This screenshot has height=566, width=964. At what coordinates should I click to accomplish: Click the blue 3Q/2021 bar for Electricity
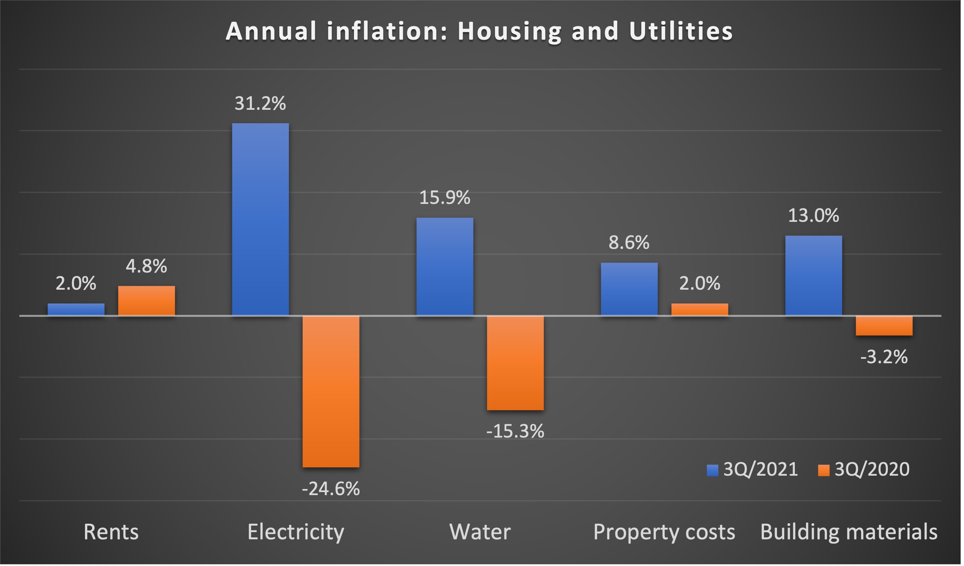click(261, 220)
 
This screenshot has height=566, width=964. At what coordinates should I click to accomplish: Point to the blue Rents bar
click(76, 310)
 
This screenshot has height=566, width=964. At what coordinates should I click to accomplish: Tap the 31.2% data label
click(261, 104)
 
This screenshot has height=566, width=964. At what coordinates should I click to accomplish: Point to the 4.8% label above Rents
click(147, 267)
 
